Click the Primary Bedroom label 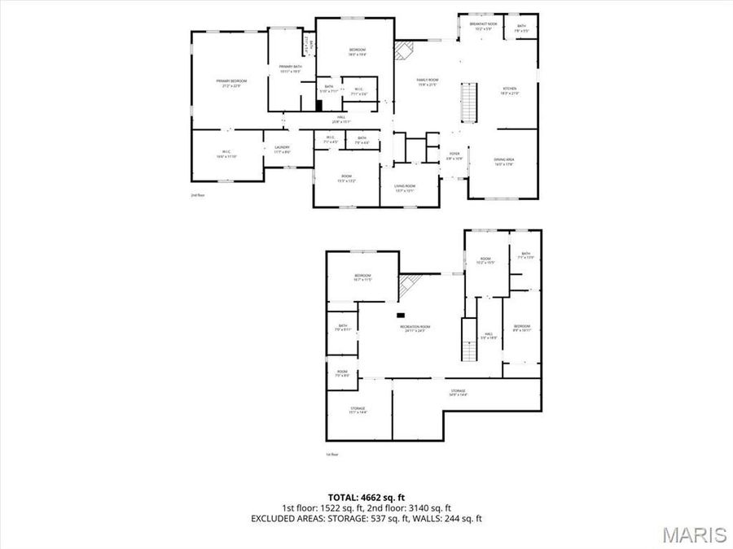pyautogui.click(x=231, y=82)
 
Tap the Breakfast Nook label pyautogui.click(x=484, y=25)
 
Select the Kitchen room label pyautogui.click(x=510, y=90)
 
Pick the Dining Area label pyautogui.click(x=503, y=161)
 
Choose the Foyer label pyautogui.click(x=454, y=155)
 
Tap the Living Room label pyautogui.click(x=405, y=190)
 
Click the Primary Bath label pyautogui.click(x=291, y=68)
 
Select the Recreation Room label pyautogui.click(x=415, y=329)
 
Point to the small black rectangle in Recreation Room pyautogui.click(x=401, y=316)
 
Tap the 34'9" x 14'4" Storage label pyautogui.click(x=459, y=392)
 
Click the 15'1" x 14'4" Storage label pyautogui.click(x=358, y=410)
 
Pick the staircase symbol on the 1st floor pyautogui.click(x=468, y=341)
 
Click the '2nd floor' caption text pyautogui.click(x=196, y=195)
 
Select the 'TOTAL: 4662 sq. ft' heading pyautogui.click(x=366, y=496)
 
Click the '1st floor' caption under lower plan pyautogui.click(x=331, y=454)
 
